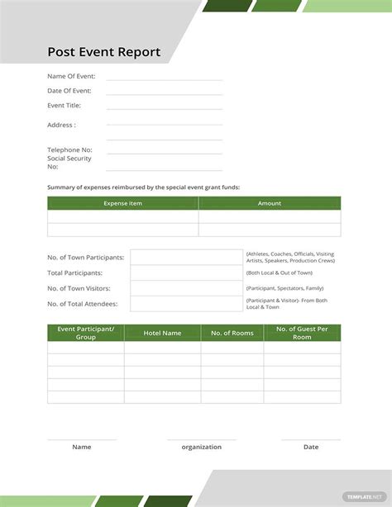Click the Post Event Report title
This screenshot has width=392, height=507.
104,53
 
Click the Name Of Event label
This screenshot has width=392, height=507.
71,76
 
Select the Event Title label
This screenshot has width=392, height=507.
66,106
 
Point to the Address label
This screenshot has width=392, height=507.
61,125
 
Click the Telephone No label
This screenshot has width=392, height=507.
69,149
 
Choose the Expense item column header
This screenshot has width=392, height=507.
122,203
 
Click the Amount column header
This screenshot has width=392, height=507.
270,203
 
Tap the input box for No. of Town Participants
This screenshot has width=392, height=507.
186,258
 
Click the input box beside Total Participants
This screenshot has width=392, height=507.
186,272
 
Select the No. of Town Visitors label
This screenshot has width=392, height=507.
79,288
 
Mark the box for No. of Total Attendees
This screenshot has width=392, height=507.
186,304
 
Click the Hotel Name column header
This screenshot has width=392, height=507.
162,333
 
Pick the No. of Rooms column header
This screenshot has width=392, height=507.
232,333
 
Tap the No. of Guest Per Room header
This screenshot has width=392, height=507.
302,333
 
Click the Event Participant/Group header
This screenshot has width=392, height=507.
86,333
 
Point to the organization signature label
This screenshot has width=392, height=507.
202,447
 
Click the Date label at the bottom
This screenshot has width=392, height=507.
311,447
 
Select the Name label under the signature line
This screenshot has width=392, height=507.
82,447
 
